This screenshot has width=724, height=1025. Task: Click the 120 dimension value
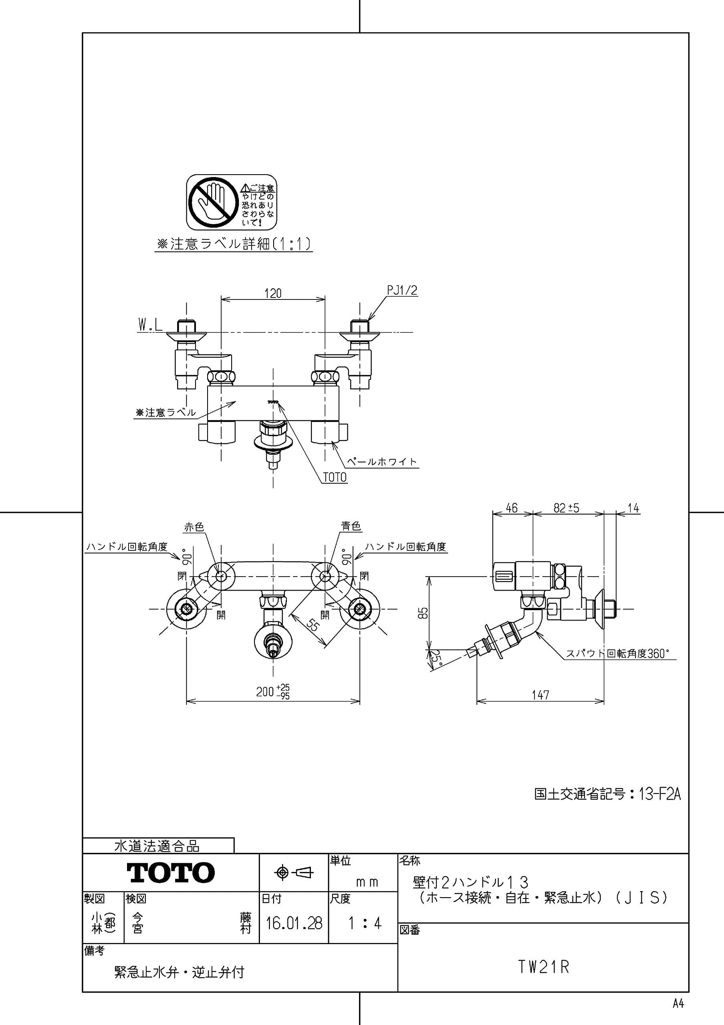273,293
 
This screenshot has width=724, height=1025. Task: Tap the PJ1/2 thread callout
402,290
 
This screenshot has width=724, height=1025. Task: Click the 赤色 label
194,527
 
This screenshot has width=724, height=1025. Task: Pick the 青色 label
351,527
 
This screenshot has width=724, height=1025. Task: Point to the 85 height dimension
424,613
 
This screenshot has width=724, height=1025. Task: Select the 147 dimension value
540,695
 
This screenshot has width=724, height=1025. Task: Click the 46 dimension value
511,508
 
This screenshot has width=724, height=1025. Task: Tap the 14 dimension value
633,508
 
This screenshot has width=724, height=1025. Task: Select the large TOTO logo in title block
171,872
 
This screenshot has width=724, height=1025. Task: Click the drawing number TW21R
543,967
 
